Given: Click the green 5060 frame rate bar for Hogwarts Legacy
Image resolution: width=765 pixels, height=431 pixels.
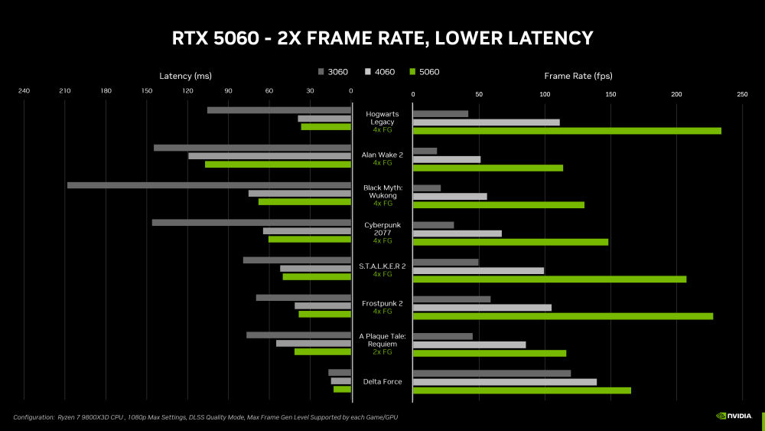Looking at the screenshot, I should pos(567,131).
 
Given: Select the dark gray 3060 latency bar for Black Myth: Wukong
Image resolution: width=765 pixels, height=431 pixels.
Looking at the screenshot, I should pos(209,185).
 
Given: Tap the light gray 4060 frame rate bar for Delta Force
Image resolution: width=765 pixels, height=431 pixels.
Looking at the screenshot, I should pos(504,382).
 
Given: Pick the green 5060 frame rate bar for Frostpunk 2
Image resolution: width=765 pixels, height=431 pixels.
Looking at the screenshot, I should pos(562,316).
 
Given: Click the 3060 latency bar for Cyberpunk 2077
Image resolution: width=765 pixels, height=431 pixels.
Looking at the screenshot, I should pos(251,223).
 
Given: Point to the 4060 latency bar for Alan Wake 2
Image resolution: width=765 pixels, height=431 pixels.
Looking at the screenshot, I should pos(269,156).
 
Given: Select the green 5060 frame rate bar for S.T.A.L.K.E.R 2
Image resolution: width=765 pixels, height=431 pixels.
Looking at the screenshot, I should pos(549,279).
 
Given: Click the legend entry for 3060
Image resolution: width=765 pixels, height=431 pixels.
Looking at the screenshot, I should pos(333,72).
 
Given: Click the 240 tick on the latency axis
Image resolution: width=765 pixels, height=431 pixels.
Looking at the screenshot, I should pos(24,93).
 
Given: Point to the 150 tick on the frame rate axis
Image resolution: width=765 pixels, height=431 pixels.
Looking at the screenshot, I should pos(610,94).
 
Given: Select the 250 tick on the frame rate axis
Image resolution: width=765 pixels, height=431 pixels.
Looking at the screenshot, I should pos(741,94).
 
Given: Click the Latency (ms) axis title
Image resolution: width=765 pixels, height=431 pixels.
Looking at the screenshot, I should pos(185,76).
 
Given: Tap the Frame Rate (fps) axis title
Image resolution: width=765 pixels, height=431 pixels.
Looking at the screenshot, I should pos(578,76).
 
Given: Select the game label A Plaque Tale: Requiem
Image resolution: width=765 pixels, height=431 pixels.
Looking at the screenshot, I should pos(382,340).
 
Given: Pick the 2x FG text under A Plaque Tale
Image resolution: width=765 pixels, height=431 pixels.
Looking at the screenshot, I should pos(382,352).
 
